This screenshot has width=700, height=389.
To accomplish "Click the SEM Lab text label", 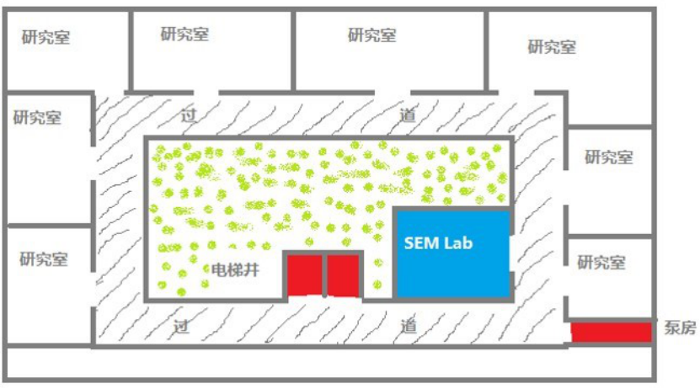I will click(439, 243).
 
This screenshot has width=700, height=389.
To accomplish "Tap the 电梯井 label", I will click(233, 270).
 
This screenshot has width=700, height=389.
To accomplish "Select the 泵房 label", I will click(680, 328).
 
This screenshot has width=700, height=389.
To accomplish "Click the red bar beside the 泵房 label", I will click(612, 332).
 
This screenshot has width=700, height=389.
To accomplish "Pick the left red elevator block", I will click(304, 275).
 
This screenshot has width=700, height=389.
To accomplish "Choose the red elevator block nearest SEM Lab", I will click(344, 275).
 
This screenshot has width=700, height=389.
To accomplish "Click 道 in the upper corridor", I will click(408, 115).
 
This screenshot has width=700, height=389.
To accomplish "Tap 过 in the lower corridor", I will click(180, 325).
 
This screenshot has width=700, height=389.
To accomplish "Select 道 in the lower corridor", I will click(409, 325).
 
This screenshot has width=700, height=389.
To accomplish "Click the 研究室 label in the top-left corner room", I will click(46, 38).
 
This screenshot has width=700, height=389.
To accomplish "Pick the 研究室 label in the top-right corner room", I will click(552, 46).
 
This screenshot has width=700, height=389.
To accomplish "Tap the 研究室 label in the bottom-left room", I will click(44, 258).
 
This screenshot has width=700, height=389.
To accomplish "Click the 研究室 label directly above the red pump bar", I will click(601, 262).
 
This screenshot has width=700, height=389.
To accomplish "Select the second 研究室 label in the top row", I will click(184, 34).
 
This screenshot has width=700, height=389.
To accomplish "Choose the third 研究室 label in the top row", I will click(371, 35).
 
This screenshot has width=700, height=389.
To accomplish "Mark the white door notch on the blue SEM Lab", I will click(513, 253).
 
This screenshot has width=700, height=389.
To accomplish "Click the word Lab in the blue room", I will click(459, 243).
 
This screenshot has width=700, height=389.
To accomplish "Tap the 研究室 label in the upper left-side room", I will click(37, 117).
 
